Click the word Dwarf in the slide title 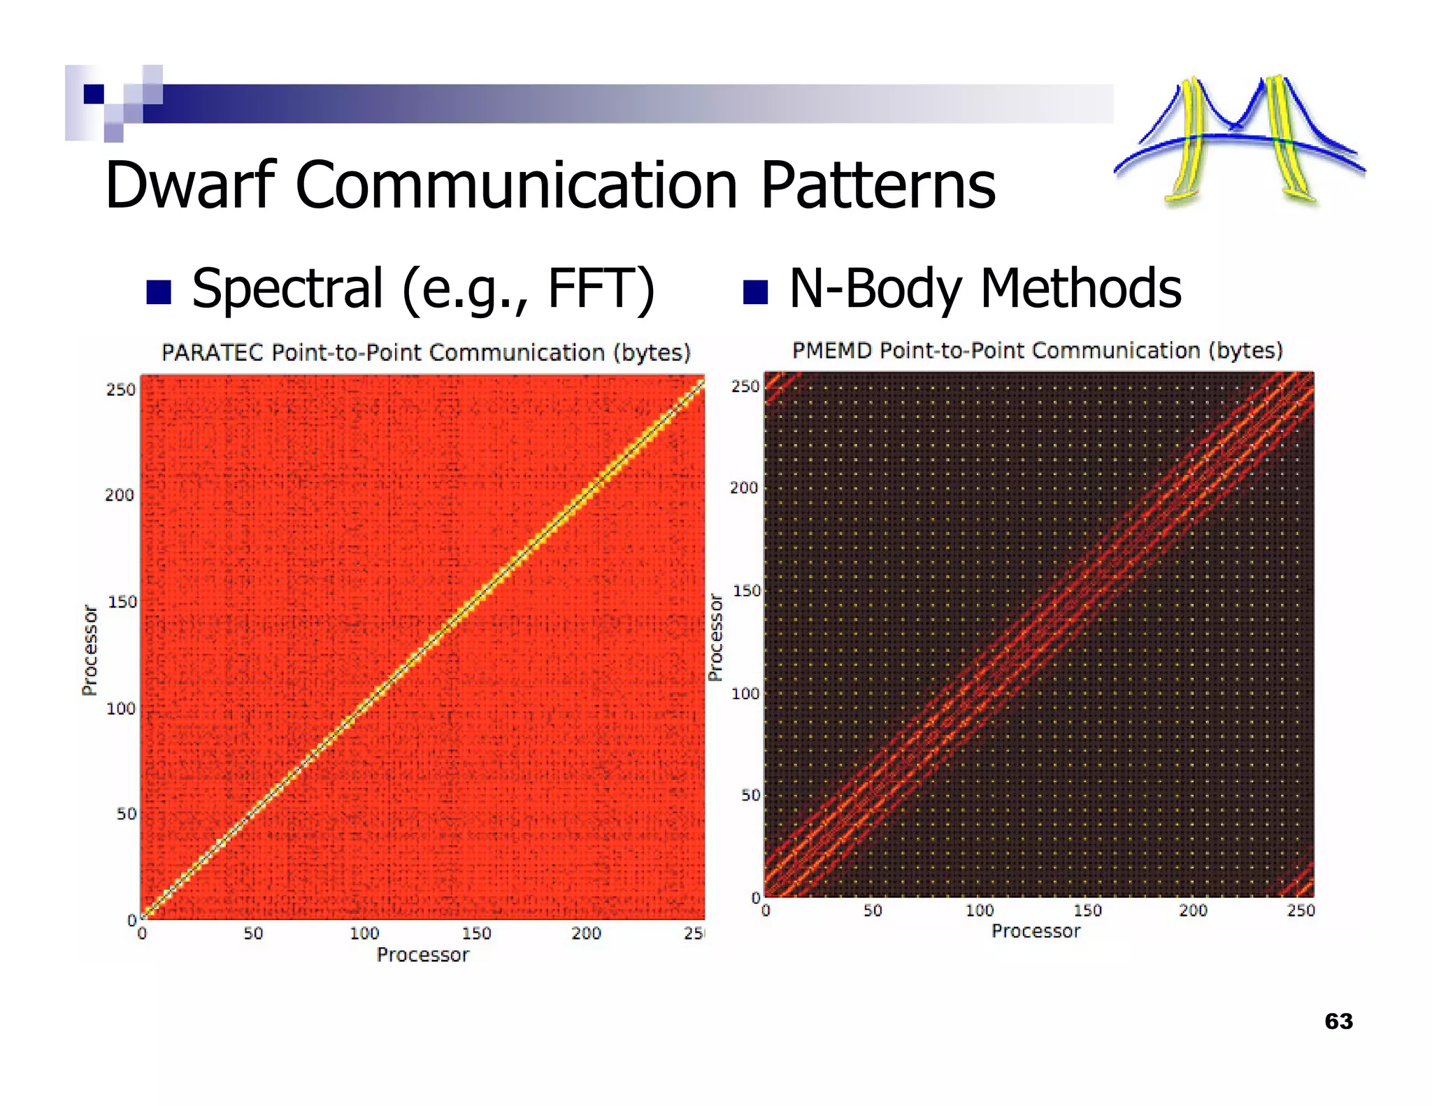(190, 185)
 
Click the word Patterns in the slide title (878, 185)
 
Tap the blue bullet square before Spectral (159, 293)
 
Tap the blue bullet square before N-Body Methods (755, 292)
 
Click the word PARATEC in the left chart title (213, 352)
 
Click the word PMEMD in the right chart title (832, 350)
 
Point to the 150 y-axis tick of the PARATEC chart (122, 602)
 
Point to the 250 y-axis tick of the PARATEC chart (120, 389)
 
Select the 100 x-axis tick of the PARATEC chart (364, 933)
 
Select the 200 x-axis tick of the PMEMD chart (1193, 910)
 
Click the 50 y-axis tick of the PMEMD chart (750, 795)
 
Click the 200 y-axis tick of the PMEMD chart (744, 488)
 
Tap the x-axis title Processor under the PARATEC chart (423, 955)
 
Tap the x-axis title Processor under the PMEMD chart (1036, 931)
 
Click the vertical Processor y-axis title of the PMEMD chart (715, 638)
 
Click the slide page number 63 (1338, 1021)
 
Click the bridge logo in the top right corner (1238, 140)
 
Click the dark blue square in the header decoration (94, 94)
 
